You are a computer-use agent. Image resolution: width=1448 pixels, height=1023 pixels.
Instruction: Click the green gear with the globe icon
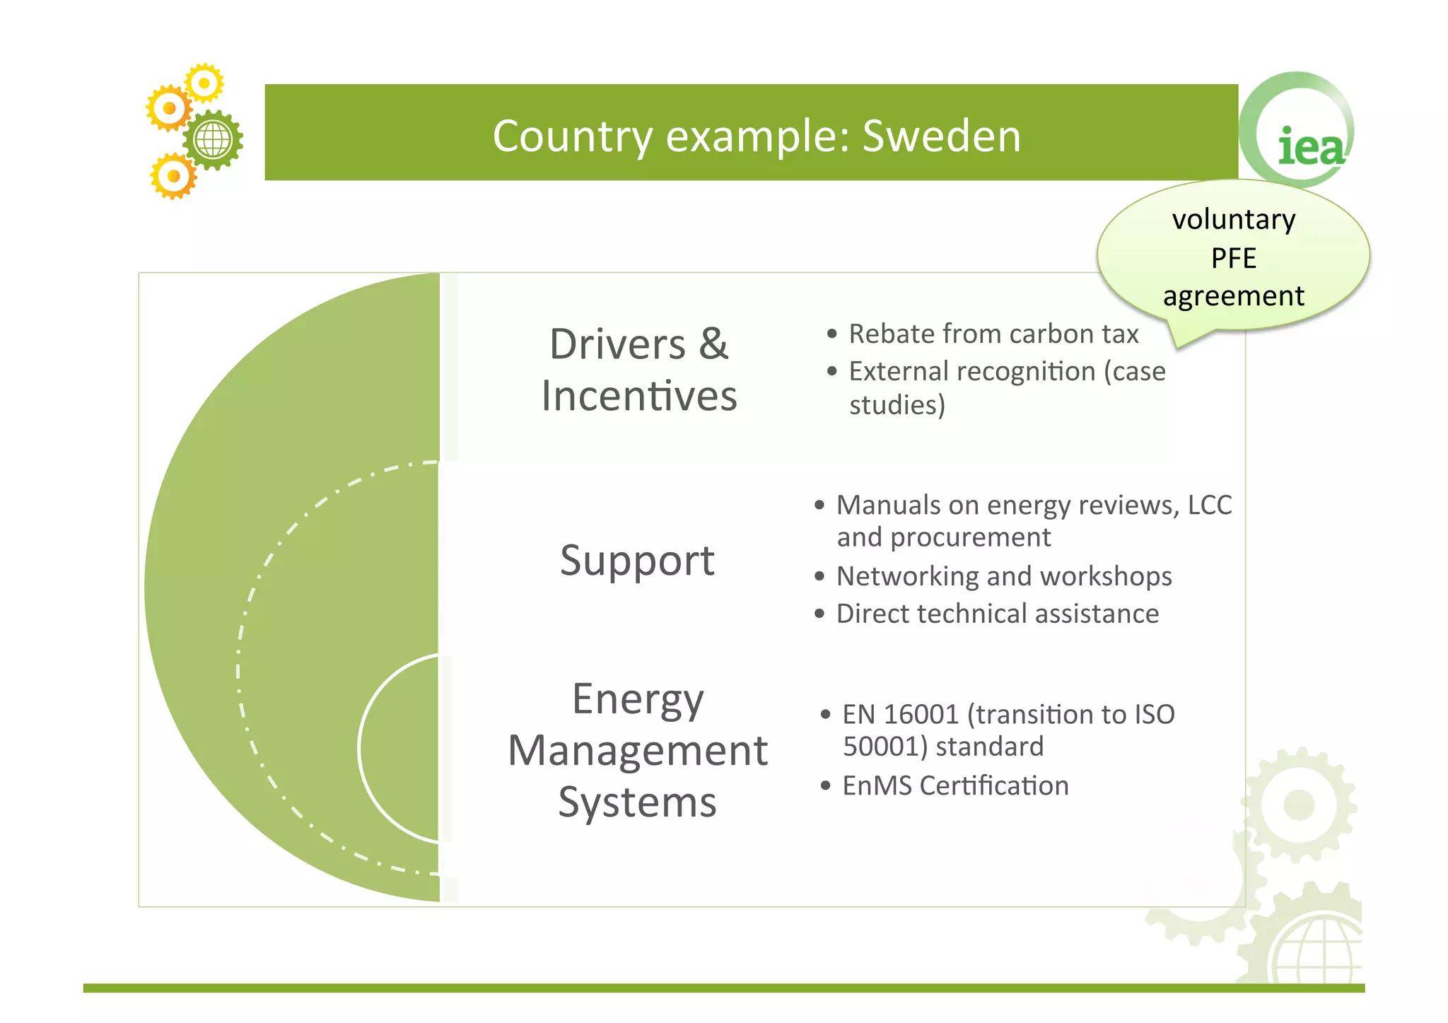tap(213, 140)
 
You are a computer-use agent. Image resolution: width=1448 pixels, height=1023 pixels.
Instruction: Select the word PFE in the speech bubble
tap(1234, 258)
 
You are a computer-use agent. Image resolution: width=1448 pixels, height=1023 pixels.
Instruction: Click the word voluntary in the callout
tap(1234, 220)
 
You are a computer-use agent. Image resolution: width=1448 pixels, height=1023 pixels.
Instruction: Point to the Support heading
tap(637, 561)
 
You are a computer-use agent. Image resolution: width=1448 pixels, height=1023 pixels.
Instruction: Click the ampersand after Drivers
tap(713, 344)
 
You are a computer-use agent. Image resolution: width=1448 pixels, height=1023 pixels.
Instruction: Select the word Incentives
tap(639, 396)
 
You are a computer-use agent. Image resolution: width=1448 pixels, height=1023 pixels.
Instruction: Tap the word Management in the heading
tap(637, 751)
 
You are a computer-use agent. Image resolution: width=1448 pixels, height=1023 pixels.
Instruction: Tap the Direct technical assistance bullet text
tap(998, 614)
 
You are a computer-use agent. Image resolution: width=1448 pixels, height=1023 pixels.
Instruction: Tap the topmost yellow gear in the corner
tap(204, 83)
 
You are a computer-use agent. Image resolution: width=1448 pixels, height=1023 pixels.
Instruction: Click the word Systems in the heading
tap(637, 803)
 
